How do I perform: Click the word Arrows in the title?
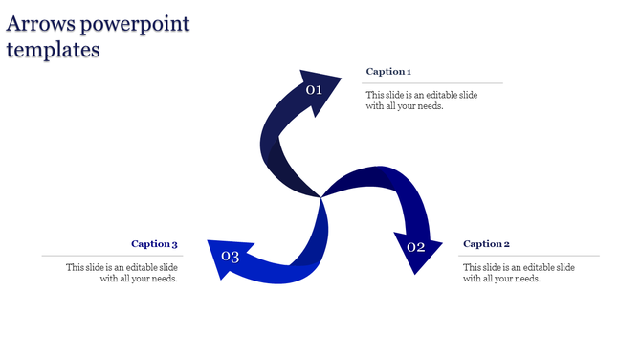(43, 24)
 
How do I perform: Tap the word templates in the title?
(53, 50)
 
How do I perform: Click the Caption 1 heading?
(388, 72)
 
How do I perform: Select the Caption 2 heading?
(486, 244)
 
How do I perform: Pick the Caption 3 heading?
(154, 244)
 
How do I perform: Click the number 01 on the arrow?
(314, 90)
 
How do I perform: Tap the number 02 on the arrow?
(415, 247)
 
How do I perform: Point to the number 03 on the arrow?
(230, 257)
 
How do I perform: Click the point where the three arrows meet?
(320, 197)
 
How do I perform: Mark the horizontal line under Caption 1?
(431, 83)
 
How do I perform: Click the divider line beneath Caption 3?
(110, 256)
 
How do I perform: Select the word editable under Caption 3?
(135, 267)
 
